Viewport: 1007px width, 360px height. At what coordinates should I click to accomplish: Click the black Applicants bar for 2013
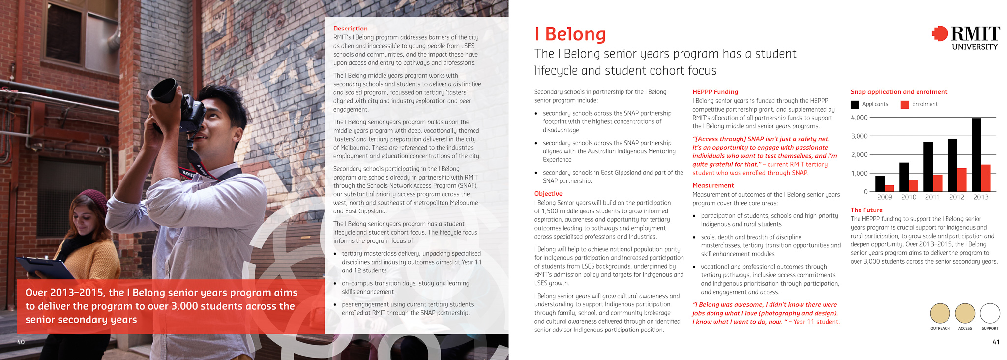click(x=976, y=154)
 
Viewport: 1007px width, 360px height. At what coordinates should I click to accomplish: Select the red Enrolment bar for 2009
click(x=889, y=188)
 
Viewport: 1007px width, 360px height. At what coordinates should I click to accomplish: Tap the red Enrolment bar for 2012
click(x=961, y=180)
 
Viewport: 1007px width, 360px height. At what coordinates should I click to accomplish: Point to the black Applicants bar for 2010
click(x=904, y=177)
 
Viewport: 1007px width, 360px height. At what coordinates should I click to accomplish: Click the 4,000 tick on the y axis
click(x=859, y=118)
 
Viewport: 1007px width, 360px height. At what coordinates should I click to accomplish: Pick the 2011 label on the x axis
click(x=932, y=197)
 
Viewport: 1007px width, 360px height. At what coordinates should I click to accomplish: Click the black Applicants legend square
click(x=855, y=104)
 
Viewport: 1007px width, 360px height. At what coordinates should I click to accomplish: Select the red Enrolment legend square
click(x=904, y=104)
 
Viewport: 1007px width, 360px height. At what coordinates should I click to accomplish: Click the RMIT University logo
click(x=966, y=37)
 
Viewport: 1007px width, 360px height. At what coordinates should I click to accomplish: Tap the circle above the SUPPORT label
click(x=990, y=313)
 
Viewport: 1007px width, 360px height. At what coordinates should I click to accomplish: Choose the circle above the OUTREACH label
click(x=940, y=313)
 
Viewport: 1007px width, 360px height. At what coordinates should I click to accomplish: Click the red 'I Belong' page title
click(x=570, y=34)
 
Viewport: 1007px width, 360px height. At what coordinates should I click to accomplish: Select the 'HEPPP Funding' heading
click(x=715, y=92)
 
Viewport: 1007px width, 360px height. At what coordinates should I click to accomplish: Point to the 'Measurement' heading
click(x=712, y=185)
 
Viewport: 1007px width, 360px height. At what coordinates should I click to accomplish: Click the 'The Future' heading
click(x=866, y=210)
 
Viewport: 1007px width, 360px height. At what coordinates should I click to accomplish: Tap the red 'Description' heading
click(x=350, y=29)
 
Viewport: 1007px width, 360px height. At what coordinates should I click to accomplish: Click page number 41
click(x=996, y=342)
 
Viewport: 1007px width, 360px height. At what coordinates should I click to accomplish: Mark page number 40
click(x=21, y=342)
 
